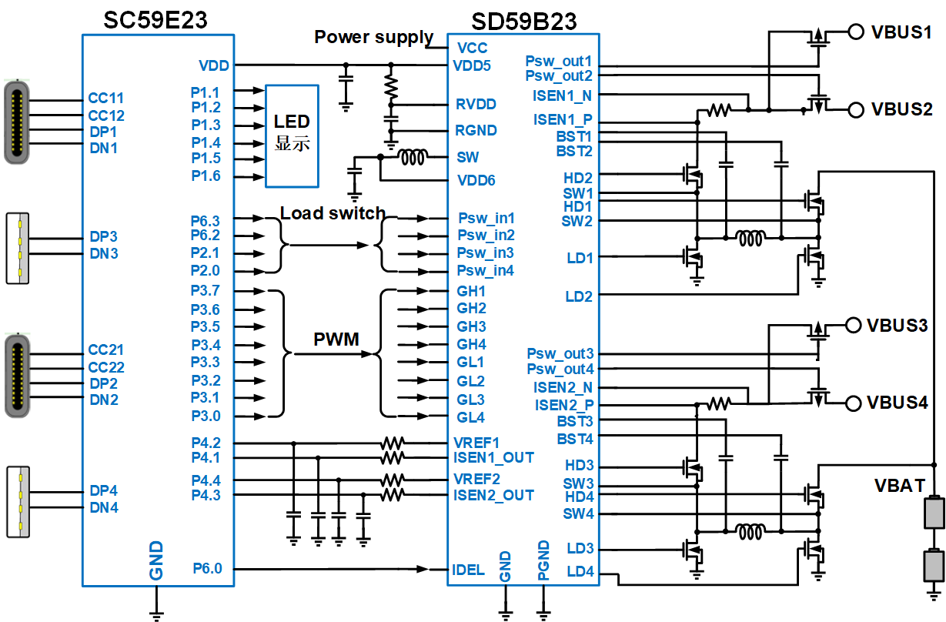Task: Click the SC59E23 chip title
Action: click(x=155, y=20)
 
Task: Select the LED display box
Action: click(x=292, y=135)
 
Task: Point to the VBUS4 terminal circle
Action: click(x=853, y=403)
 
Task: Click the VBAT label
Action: click(x=899, y=486)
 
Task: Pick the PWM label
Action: click(x=336, y=339)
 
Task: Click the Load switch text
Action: click(x=333, y=213)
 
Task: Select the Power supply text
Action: click(x=373, y=37)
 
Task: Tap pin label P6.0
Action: click(x=206, y=569)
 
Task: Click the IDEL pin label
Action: click(x=470, y=570)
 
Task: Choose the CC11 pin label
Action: click(x=105, y=99)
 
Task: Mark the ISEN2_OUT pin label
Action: click(x=493, y=495)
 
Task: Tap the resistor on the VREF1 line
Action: click(x=392, y=443)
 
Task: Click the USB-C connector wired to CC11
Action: click(x=16, y=122)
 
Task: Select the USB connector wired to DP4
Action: click(x=18, y=500)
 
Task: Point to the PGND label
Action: click(x=543, y=560)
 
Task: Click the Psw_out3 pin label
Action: click(x=560, y=354)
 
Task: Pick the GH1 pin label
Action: click(x=471, y=291)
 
